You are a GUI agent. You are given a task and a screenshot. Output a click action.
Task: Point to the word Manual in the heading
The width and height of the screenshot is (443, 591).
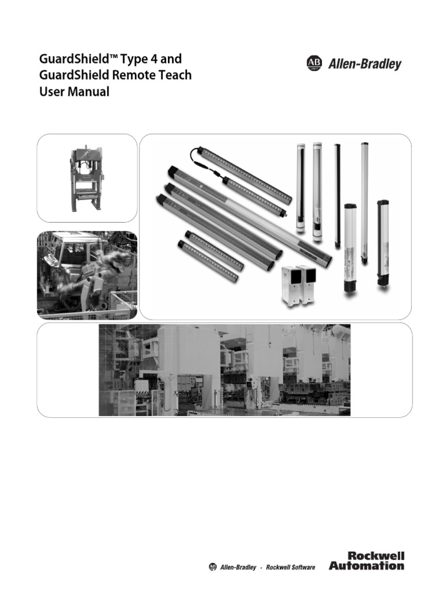88,92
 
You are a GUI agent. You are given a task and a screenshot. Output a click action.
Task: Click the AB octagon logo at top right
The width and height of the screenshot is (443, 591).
315,64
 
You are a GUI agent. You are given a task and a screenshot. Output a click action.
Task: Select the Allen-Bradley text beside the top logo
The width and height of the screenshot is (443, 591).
365,64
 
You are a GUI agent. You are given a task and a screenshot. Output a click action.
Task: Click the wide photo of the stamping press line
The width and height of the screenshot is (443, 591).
224,369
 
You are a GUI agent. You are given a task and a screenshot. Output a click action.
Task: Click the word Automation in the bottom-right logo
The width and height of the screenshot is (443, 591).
366,566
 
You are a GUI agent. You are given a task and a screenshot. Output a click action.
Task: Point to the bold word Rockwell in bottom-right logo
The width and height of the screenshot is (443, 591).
376,555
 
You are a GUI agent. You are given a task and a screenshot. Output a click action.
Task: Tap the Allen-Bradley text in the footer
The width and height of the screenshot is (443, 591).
238,568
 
